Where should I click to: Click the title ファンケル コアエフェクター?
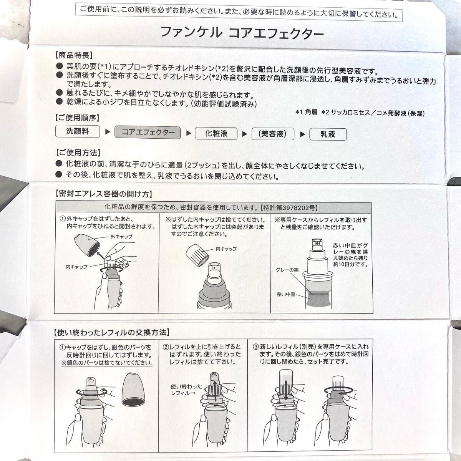pos(242,33)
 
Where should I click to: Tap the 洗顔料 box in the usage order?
pos(78,131)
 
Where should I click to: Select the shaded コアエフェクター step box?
pos(148,132)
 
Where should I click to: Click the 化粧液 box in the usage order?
pos(216,133)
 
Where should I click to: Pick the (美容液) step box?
pos(273,134)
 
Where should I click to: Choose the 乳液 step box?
pos(328,134)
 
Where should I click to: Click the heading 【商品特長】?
pos(74,55)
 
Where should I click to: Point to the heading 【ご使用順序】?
pos(77,118)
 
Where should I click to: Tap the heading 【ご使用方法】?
pos(78,153)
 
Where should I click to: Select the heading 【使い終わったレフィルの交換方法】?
pos(112,332)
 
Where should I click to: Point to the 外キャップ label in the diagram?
pos(121,237)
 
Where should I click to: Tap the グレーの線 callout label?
pos(287,270)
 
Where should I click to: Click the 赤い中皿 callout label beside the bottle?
pos(286,294)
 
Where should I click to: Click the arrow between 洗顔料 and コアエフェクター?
pos(108,131)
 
